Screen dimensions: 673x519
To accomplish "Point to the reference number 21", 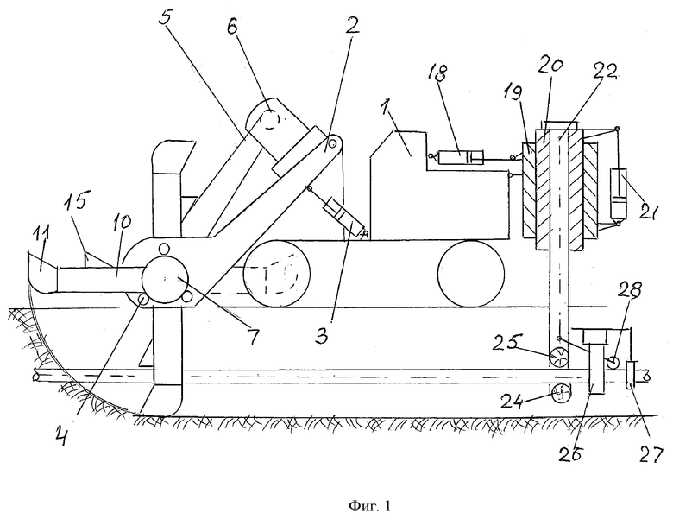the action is tap(646, 212).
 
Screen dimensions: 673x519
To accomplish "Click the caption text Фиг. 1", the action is tap(369, 506).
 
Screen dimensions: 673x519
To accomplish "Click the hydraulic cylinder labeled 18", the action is tap(460, 157).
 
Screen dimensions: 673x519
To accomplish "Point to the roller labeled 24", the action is tap(560, 393).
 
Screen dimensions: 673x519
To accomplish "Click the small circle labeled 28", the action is tap(613, 362).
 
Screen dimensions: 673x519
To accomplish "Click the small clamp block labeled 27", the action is tap(630, 375).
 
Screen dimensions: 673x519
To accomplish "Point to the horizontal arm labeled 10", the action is tap(102, 280).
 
